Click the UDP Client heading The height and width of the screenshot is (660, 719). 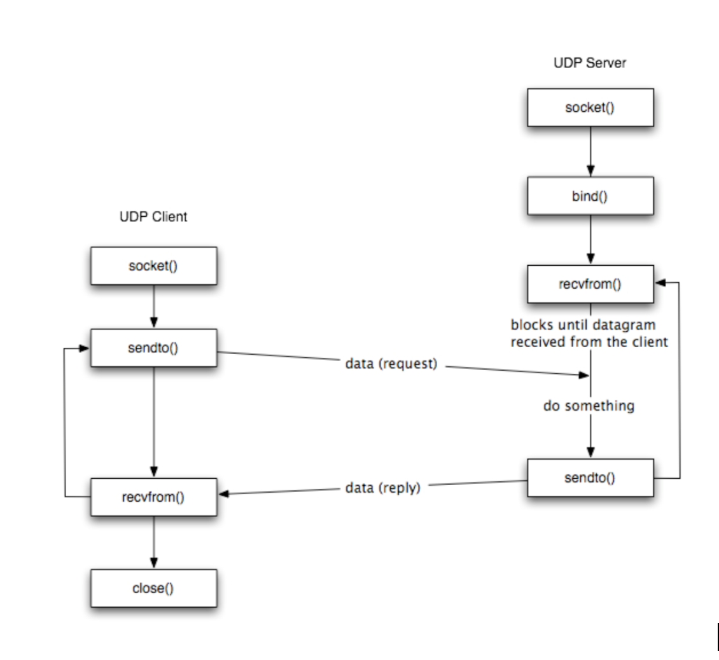[x=153, y=217]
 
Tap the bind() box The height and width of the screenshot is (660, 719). [x=589, y=195]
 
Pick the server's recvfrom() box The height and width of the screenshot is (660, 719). [x=589, y=284]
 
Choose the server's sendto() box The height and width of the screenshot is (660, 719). [x=589, y=478]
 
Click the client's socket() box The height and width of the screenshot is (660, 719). [x=153, y=266]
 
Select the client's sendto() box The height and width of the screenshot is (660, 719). [x=153, y=347]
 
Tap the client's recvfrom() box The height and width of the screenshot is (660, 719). [x=153, y=497]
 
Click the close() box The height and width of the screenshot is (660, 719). [x=153, y=588]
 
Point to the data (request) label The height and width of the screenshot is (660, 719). [x=391, y=365]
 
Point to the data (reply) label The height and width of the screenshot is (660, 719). [x=382, y=489]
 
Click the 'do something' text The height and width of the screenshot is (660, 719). [x=589, y=406]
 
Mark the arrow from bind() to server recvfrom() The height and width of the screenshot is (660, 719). [x=590, y=239]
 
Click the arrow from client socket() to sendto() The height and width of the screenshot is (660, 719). [x=153, y=306]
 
